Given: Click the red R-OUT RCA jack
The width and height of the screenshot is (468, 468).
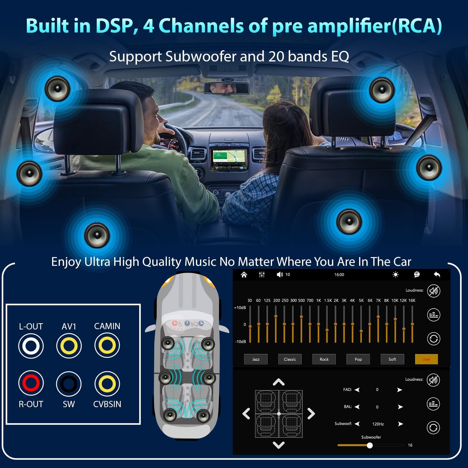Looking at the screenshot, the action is point(31,383).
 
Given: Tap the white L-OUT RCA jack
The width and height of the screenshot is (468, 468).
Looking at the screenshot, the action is point(31,346).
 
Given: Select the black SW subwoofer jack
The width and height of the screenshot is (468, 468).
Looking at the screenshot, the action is point(69,383).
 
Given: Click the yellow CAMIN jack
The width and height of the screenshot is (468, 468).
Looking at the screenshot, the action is point(107,345).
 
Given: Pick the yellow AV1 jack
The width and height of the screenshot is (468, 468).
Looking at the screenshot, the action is point(69,346).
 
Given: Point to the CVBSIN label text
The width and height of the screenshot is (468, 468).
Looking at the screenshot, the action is point(107,404).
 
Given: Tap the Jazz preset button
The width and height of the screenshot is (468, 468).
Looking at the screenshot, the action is point(256,359).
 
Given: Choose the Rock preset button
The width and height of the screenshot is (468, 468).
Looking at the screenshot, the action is point(324,359).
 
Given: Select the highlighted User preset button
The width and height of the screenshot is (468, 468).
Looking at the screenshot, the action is point(427,359).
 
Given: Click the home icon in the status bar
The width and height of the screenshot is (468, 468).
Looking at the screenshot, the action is point(244,275).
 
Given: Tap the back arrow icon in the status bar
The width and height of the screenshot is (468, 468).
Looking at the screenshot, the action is point(437,275).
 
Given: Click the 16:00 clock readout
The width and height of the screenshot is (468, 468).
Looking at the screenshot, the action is point(339,275).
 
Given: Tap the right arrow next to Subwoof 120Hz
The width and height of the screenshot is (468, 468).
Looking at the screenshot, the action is point(401,424).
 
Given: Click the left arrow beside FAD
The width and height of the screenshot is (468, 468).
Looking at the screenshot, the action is point(357,390).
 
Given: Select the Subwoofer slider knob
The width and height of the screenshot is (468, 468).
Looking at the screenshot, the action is point(370,445).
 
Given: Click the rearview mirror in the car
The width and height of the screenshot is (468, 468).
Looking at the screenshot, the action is point(226,88).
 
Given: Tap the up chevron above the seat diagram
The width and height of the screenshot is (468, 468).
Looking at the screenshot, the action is point(279,382).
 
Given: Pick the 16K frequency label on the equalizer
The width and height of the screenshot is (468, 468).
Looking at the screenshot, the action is point(412,300).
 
